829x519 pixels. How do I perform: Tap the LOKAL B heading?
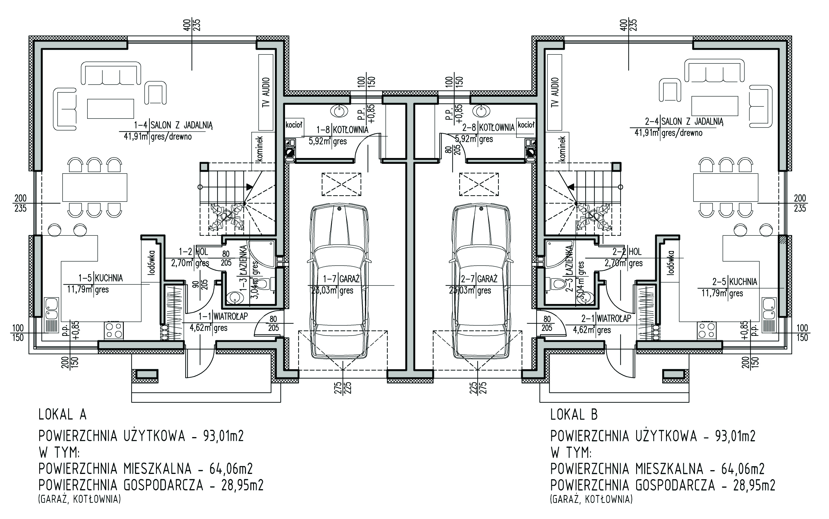(x=574, y=415)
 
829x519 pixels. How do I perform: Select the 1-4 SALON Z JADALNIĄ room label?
(x=173, y=125)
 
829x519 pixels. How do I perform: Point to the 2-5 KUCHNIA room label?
(x=734, y=282)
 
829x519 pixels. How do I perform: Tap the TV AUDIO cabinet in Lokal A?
(x=266, y=92)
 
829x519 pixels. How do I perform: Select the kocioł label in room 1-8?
(x=294, y=125)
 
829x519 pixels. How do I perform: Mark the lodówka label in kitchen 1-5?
(x=152, y=263)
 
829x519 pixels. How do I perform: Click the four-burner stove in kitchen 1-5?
(x=114, y=330)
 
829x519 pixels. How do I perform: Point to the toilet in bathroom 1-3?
(x=264, y=284)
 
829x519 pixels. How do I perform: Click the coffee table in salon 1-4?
(x=110, y=109)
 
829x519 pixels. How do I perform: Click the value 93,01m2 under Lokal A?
(x=223, y=436)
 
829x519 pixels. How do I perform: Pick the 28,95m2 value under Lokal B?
(x=754, y=485)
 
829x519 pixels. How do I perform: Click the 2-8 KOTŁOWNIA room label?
(x=488, y=128)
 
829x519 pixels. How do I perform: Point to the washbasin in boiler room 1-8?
(x=339, y=111)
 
